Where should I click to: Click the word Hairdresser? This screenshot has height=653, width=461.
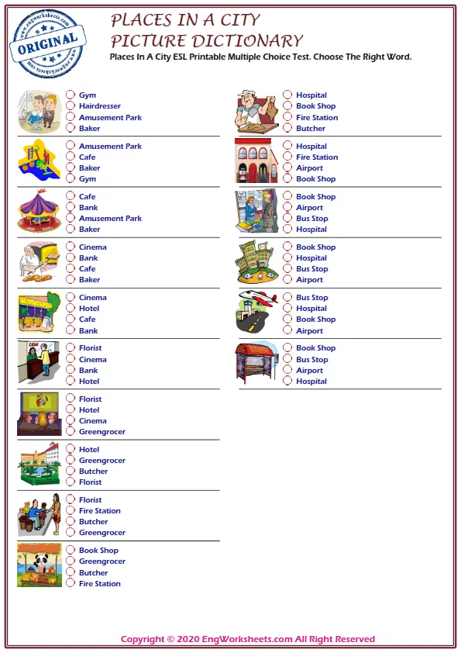pos(99,106)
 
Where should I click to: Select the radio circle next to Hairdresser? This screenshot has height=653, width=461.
pos(71,106)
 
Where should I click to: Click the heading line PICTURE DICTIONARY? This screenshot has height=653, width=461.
pos(206,40)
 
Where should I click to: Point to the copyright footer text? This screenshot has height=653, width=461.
pos(247,639)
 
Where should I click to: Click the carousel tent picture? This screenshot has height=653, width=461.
pos(39,212)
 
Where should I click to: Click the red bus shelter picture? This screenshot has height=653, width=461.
pos(256,361)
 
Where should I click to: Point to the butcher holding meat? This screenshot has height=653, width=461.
pos(256,112)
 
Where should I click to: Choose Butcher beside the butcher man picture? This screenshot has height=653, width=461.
pos(311,129)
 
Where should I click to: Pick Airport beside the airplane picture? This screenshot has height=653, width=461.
pos(309,330)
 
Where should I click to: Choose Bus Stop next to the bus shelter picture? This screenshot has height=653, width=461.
pos(311,360)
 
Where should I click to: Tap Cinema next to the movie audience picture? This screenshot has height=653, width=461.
pos(93,421)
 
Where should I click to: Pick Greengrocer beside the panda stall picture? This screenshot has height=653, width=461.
pos(101,561)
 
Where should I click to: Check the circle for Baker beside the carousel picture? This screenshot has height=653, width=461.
pos(71,230)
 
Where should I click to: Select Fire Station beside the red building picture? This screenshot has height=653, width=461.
pos(317,157)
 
